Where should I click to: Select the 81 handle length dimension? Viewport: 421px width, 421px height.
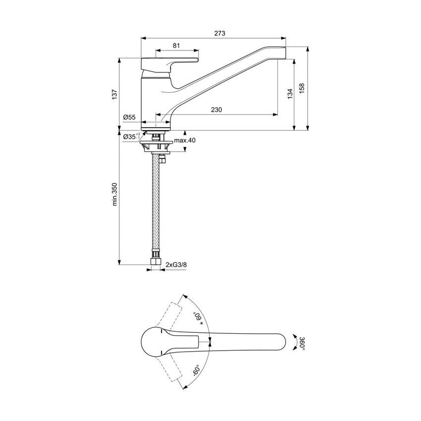[176, 46]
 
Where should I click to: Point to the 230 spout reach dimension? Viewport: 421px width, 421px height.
[216, 109]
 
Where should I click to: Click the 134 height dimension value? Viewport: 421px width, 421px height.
[290, 89]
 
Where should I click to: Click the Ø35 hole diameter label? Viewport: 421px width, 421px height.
[131, 136]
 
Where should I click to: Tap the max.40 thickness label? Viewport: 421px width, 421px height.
[185, 141]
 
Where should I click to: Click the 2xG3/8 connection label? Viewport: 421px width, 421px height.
[176, 265]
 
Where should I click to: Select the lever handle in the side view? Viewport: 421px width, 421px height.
[168, 62]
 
